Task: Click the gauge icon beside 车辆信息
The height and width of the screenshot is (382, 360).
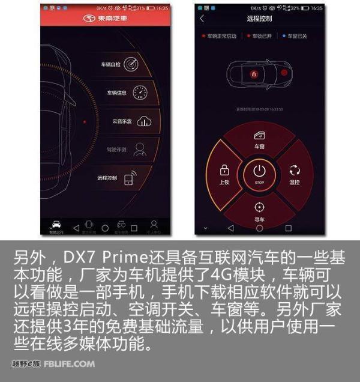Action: click(140, 92)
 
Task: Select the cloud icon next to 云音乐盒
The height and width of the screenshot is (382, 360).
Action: click(143, 121)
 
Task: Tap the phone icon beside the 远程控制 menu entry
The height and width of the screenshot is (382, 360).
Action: click(130, 178)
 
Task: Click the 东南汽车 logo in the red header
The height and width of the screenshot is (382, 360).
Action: click(106, 19)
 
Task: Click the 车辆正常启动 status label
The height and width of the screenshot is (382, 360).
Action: click(221, 36)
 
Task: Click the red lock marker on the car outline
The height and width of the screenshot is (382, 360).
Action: click(254, 74)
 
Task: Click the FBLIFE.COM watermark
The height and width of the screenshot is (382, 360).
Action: click(69, 364)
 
